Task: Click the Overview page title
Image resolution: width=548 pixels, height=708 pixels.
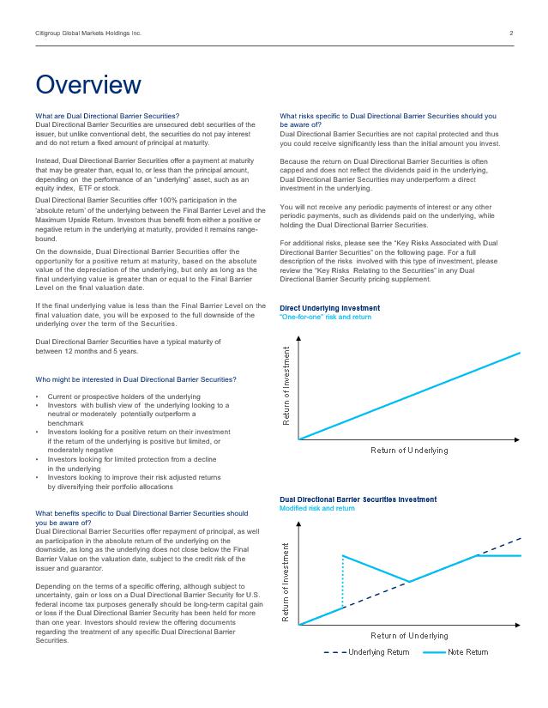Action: click(87, 85)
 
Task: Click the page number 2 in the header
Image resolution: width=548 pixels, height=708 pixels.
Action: click(511, 33)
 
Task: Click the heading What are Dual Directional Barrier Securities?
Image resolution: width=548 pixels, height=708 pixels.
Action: click(107, 116)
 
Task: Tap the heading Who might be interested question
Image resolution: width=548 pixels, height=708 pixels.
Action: click(136, 379)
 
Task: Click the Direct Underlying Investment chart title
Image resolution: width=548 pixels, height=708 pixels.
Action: click(330, 308)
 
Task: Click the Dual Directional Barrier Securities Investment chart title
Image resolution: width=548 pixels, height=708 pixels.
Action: click(358, 499)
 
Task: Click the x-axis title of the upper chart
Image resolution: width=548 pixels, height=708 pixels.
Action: click(409, 450)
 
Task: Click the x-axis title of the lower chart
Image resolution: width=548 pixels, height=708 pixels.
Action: click(409, 636)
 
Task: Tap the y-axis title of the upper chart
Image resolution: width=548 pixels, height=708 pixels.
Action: click(286, 385)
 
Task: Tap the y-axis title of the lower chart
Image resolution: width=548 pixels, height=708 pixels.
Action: click(286, 582)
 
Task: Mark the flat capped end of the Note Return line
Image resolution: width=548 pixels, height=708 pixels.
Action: click(499, 555)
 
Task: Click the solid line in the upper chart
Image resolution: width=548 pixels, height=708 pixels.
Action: click(412, 395)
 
